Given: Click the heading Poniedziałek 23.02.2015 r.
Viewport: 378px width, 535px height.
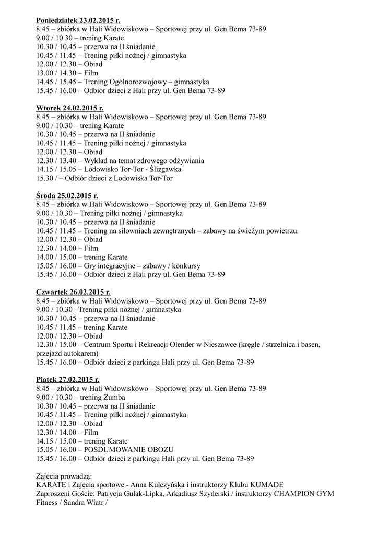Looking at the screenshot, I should coord(78,20).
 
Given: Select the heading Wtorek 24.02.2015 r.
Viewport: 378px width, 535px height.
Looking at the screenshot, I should coord(70,108).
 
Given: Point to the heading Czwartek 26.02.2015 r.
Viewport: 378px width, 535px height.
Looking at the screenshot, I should coord(73,292).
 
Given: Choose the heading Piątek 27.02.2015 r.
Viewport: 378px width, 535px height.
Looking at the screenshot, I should coord(68,380).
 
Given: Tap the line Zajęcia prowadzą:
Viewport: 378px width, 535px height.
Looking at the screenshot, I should coord(64,476).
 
